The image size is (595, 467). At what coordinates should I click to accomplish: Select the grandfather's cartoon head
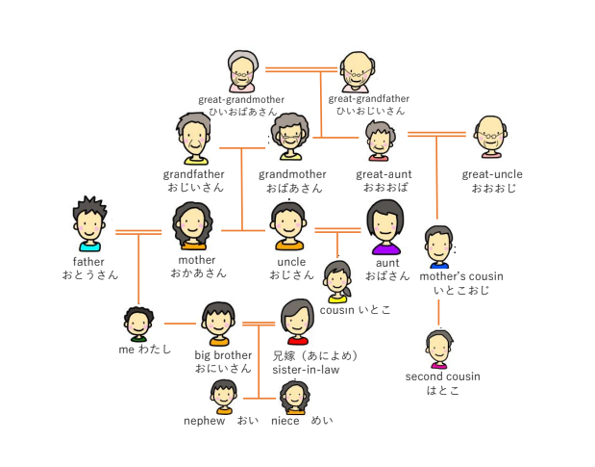click(x=193, y=140)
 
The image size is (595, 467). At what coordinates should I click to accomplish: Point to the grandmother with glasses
click(x=289, y=140)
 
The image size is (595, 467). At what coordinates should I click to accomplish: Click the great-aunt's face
click(x=380, y=142)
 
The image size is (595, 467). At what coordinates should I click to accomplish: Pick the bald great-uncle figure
click(x=490, y=138)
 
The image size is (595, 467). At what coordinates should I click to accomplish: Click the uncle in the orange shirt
click(x=288, y=227)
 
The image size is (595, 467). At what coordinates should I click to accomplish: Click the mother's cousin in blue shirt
click(x=438, y=246)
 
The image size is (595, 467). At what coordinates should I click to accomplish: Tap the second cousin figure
click(x=438, y=349)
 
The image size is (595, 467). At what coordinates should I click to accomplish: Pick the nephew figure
click(x=224, y=396)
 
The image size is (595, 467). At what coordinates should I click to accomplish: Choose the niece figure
click(x=294, y=396)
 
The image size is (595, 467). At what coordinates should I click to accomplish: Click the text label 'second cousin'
click(x=442, y=376)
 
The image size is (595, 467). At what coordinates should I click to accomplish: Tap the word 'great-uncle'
click(x=492, y=174)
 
